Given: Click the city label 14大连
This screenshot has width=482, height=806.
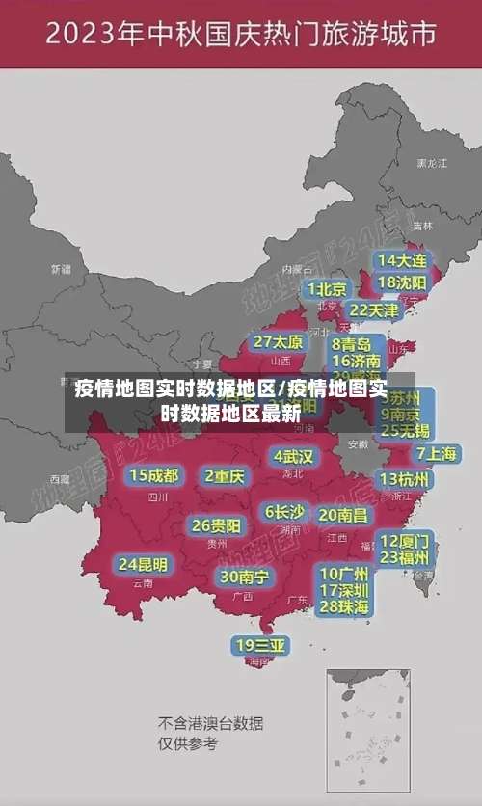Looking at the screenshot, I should (401, 260).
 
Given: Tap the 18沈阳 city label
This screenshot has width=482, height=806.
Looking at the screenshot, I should (401, 282).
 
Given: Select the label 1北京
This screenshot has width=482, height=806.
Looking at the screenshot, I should (327, 289).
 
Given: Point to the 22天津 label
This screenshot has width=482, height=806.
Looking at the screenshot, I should (373, 310).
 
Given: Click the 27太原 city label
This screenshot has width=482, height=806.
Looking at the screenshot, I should (279, 341).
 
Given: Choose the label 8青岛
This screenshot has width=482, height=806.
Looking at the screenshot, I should (352, 343).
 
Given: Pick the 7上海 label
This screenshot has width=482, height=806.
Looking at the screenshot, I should (437, 453).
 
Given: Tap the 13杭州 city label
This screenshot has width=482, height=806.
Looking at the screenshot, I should (405, 479).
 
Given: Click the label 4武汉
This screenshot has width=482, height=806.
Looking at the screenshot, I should (293, 456).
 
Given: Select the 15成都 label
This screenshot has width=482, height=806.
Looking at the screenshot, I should (154, 475).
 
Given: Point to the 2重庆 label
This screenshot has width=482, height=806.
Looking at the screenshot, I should (225, 475).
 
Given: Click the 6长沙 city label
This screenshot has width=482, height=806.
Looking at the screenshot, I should (284, 512).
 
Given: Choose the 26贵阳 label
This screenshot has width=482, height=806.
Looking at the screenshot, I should (216, 526).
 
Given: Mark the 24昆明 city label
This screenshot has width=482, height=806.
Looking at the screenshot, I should (143, 564).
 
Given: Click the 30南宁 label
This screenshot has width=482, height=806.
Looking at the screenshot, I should (244, 577).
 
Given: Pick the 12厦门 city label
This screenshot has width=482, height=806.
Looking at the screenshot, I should (405, 541).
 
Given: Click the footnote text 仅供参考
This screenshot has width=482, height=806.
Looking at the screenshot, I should (188, 743).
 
